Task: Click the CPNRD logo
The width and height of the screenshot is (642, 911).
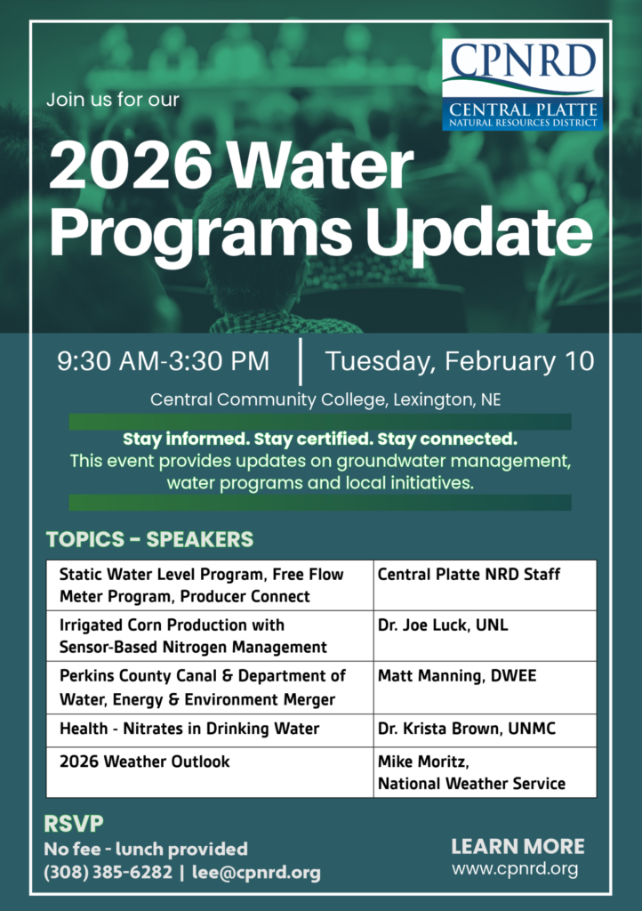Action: click(x=523, y=85)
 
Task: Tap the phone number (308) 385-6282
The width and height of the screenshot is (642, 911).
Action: click(x=108, y=872)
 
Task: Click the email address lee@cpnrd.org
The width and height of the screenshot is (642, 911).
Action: click(x=256, y=872)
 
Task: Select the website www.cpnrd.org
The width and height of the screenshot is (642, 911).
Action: click(x=515, y=869)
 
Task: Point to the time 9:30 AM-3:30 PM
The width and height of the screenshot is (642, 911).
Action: click(x=163, y=361)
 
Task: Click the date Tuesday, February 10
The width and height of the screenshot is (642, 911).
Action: click(x=460, y=361)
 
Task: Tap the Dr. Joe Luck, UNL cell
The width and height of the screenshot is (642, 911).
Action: click(x=485, y=635)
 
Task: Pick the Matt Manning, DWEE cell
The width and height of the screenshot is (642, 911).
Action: click(x=485, y=688)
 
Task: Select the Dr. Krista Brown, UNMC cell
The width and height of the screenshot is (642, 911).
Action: click(x=485, y=730)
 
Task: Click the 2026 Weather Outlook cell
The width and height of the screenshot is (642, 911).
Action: click(x=210, y=772)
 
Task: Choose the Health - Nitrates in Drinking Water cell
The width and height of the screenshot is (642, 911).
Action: click(x=210, y=730)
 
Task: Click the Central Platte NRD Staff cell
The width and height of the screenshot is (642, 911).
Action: click(x=485, y=585)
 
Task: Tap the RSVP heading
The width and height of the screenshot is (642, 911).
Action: click(x=74, y=823)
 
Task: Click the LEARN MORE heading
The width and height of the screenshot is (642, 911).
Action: click(x=518, y=847)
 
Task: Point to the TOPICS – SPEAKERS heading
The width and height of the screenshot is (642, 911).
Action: click(x=149, y=539)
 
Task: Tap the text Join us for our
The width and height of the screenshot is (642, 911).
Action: click(x=113, y=100)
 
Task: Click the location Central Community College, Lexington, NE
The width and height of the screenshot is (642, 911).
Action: click(x=325, y=399)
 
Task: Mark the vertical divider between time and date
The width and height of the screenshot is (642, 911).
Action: click(x=300, y=361)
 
